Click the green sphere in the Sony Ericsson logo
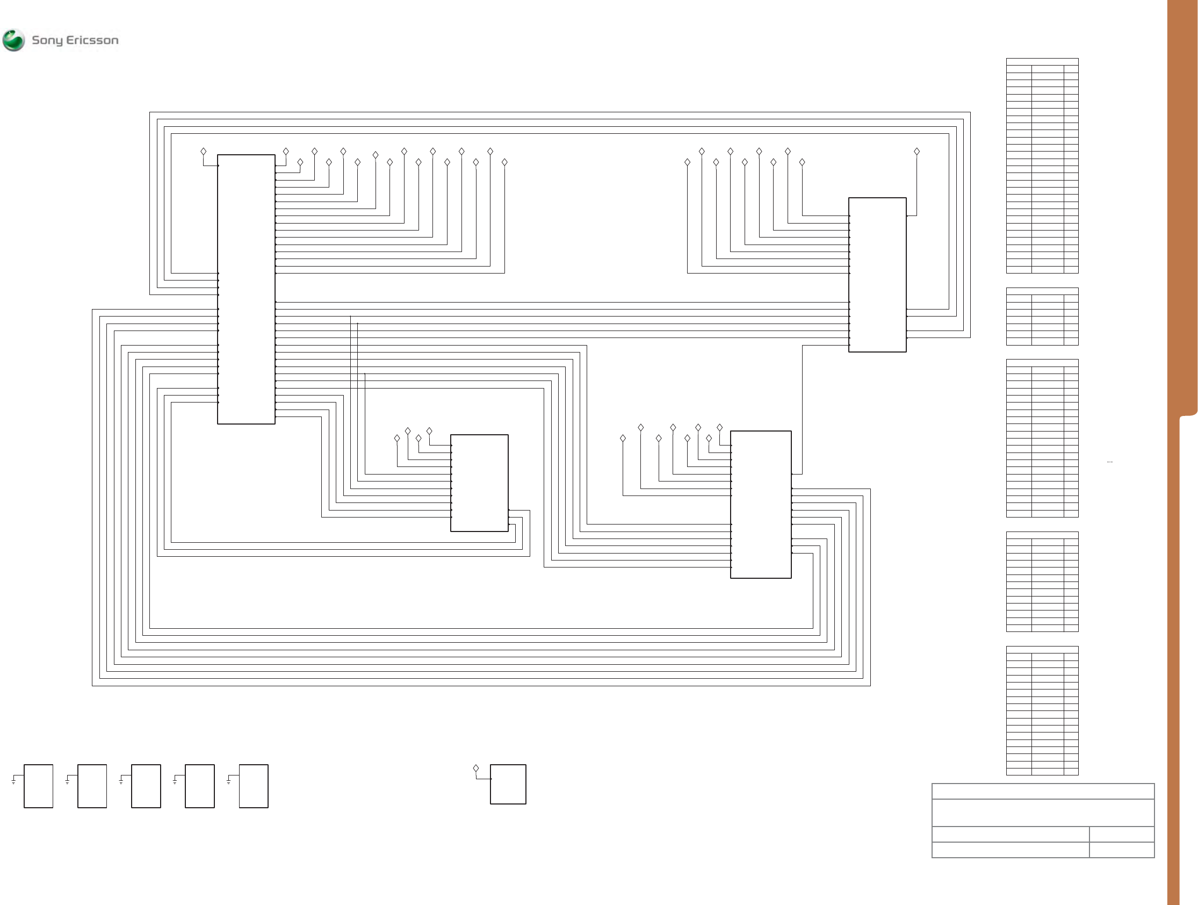(x=13, y=40)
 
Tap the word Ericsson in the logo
(x=92, y=40)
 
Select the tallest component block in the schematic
(x=246, y=289)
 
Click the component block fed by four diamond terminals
(x=479, y=483)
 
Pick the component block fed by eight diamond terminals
(x=760, y=505)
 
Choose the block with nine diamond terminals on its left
(x=877, y=275)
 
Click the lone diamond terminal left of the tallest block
(x=204, y=152)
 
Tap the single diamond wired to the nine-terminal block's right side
(x=916, y=152)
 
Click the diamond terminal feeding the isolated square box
(x=476, y=768)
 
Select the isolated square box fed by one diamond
(x=508, y=784)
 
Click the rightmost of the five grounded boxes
(x=254, y=786)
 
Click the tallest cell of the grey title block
(x=1043, y=813)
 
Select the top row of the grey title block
(x=1043, y=791)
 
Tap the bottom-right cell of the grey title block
(x=1121, y=850)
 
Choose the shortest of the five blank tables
(x=1042, y=317)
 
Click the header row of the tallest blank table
(x=1042, y=62)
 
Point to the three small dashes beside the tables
(x=1110, y=462)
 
